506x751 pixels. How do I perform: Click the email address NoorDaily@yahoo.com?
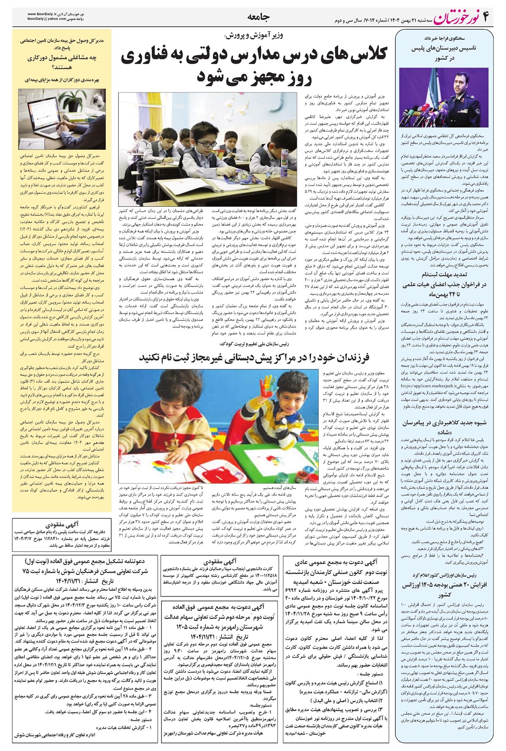tap(46, 19)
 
